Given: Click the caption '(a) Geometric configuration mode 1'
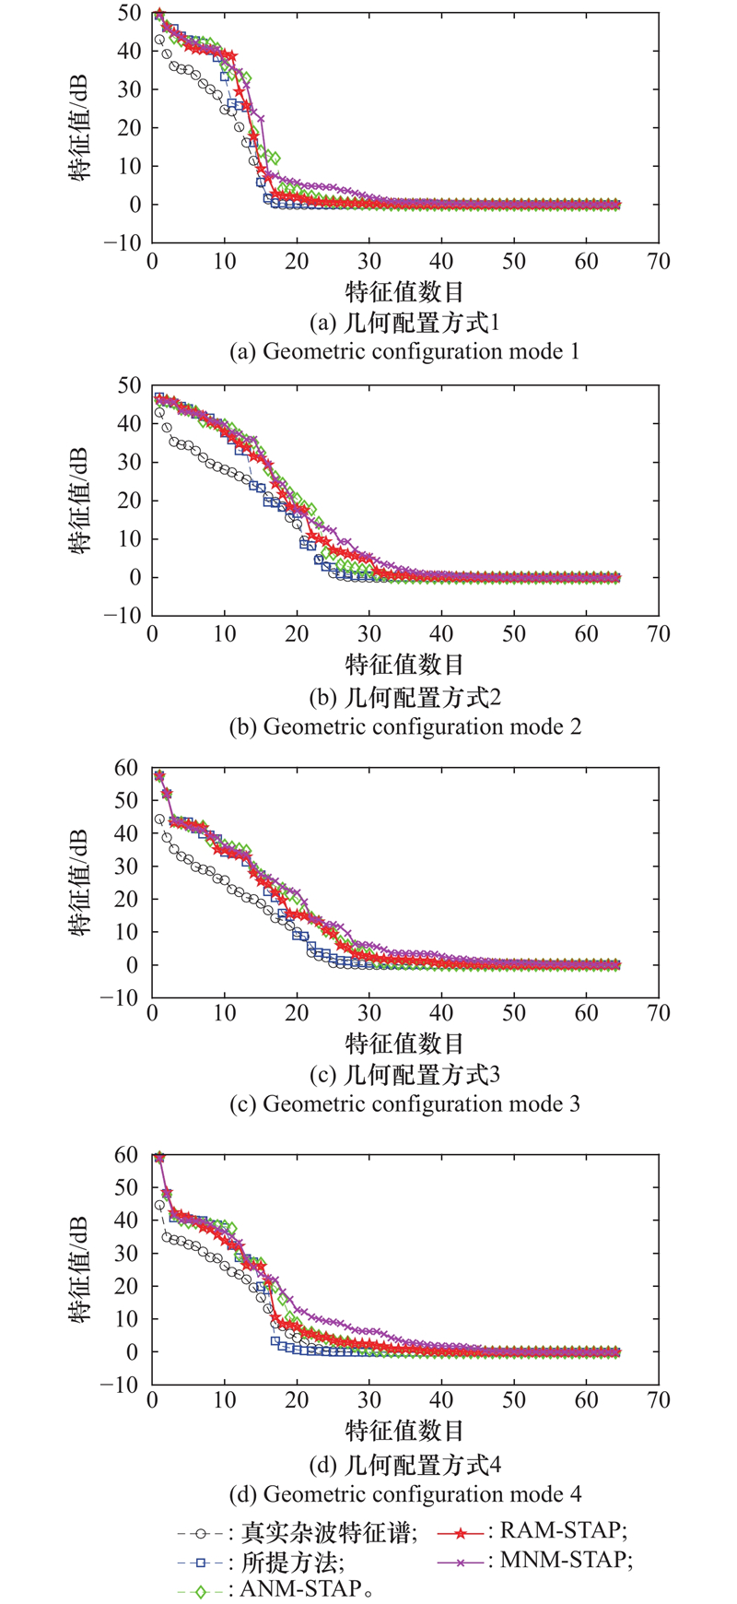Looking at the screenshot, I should (x=405, y=351).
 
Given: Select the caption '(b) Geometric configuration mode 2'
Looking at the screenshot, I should (x=405, y=726).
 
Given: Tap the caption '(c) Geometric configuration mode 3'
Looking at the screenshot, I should (x=405, y=1103).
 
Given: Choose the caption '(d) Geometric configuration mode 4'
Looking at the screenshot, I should (x=405, y=1493).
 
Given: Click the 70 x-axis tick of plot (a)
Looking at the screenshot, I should (x=658, y=262).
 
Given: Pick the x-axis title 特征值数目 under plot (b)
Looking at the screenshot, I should (x=405, y=665).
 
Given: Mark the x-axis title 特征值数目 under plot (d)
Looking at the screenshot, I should (x=405, y=1431).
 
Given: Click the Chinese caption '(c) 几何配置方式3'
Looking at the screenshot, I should (x=405, y=1075).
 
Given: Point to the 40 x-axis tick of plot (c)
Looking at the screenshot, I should (x=441, y=1014).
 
